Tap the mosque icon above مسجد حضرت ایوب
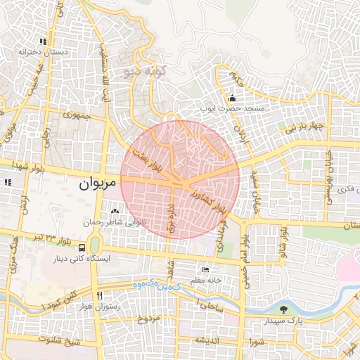(232, 97)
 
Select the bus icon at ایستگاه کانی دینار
(83, 247)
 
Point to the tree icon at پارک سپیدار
(283, 309)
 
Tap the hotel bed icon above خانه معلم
(205, 269)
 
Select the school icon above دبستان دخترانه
(44, 41)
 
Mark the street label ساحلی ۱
(209, 306)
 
